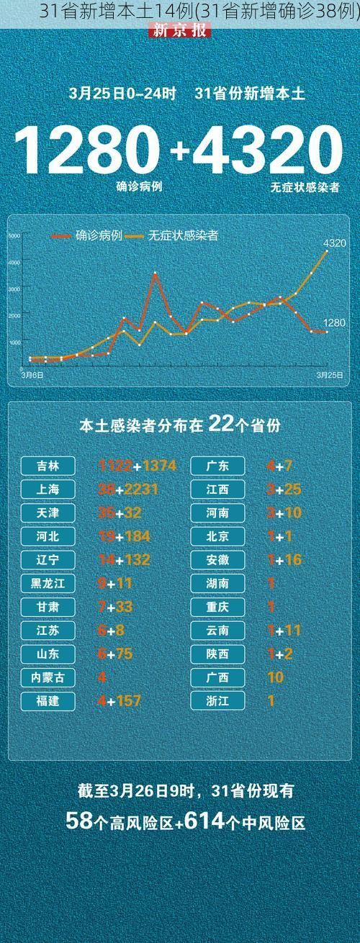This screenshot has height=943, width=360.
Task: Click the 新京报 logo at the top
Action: click(x=179, y=30)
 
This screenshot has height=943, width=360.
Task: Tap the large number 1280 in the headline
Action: click(x=86, y=151)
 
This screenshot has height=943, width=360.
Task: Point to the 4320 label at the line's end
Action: click(x=334, y=243)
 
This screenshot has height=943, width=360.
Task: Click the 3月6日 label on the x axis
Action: click(x=32, y=375)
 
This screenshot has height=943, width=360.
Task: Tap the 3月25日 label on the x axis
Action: click(x=328, y=375)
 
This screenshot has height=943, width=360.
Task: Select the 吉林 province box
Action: click(x=49, y=466)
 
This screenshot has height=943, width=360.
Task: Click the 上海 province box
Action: click(x=49, y=489)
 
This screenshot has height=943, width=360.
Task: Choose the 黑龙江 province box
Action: click(x=49, y=583)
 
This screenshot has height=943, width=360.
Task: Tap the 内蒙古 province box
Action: click(x=49, y=677)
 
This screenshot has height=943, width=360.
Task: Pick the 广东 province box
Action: click(x=218, y=466)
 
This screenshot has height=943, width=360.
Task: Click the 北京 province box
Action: click(x=218, y=536)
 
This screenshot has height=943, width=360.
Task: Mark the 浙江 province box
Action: click(x=218, y=700)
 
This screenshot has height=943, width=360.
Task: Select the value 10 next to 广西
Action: click(x=275, y=677)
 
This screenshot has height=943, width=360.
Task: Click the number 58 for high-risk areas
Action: click(x=78, y=820)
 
